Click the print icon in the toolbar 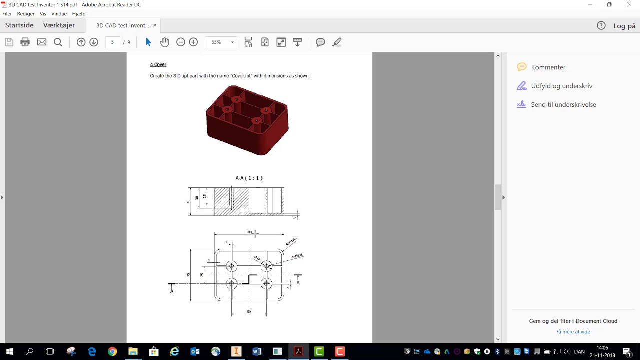[25, 42]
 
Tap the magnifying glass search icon [58, 42]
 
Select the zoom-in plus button [193, 42]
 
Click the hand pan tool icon [164, 42]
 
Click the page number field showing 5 [112, 42]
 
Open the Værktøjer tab [59, 25]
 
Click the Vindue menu [59, 14]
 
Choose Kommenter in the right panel [548, 67]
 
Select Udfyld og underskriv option [561, 86]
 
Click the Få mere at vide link [573, 332]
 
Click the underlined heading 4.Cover [158, 65]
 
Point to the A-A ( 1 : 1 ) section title [249, 178]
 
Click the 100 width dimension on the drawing [249, 232]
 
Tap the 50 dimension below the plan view [249, 312]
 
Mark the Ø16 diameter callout [257, 258]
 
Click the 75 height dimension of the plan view [188, 275]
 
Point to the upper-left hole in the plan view [231, 266]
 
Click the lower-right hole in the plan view [266, 284]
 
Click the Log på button [624, 26]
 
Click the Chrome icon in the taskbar [112, 352]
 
